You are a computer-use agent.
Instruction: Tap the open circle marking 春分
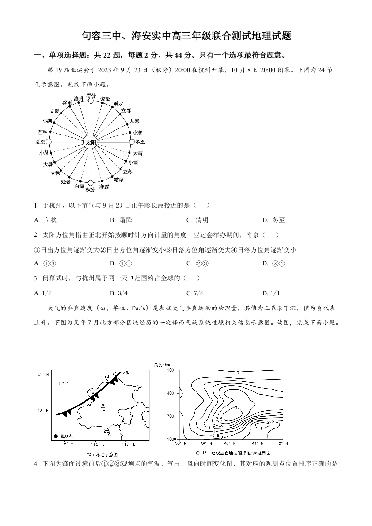coord(91,100)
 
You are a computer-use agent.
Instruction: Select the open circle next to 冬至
coord(132,142)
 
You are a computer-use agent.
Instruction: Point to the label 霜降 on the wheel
coord(118,180)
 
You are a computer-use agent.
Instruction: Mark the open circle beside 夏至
coord(50,142)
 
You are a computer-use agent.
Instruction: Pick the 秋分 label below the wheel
coord(91,189)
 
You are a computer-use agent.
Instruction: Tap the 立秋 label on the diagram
coord(55,173)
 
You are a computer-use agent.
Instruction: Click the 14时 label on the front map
coord(125,373)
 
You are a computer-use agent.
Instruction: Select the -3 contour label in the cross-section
coord(236,408)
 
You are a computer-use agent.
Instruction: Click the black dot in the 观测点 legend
coord(56,436)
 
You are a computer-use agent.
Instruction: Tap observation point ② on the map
coord(103,407)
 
